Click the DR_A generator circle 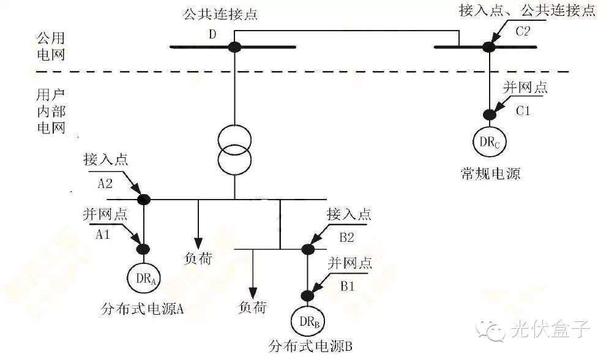(x=143, y=279)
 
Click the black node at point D (x=234, y=47)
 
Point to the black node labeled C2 (x=488, y=47)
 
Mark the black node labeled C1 (x=488, y=114)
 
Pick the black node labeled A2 (x=143, y=199)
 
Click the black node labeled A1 (x=143, y=249)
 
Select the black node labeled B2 (x=307, y=249)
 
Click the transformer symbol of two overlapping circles (x=234, y=151)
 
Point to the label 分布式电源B (x=310, y=347)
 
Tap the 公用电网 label (x=51, y=47)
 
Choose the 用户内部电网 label (x=51, y=112)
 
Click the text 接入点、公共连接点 (x=527, y=11)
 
